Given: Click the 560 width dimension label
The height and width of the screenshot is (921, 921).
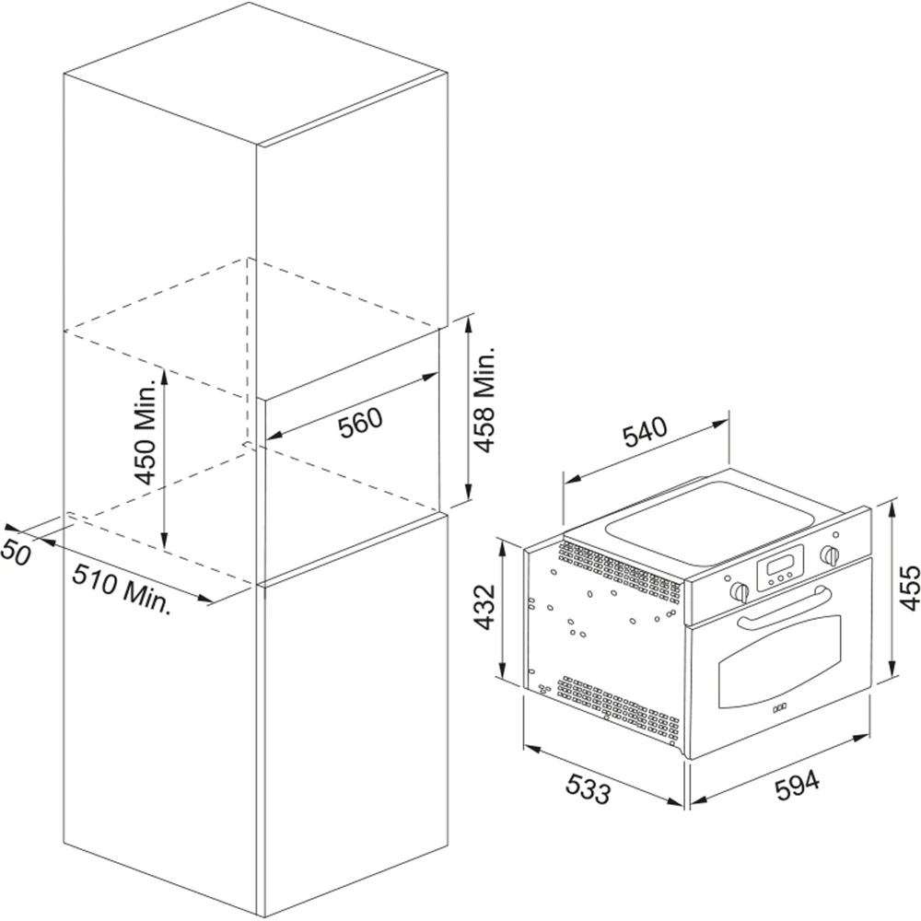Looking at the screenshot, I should (359, 423).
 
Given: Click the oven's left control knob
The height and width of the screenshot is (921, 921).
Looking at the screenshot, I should (740, 589).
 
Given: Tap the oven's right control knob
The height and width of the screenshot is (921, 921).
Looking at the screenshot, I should (832, 554).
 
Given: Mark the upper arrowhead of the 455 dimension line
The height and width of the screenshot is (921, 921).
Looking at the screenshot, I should (892, 506).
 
